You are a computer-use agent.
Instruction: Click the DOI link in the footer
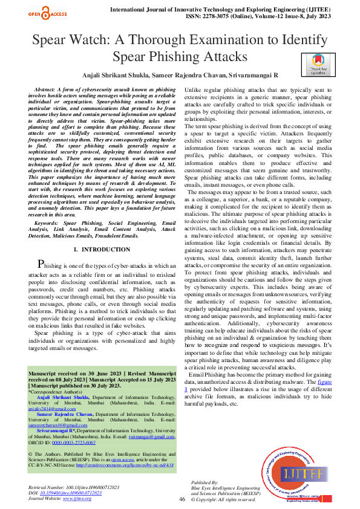point(70,493)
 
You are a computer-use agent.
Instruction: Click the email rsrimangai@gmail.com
point(142,436)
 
